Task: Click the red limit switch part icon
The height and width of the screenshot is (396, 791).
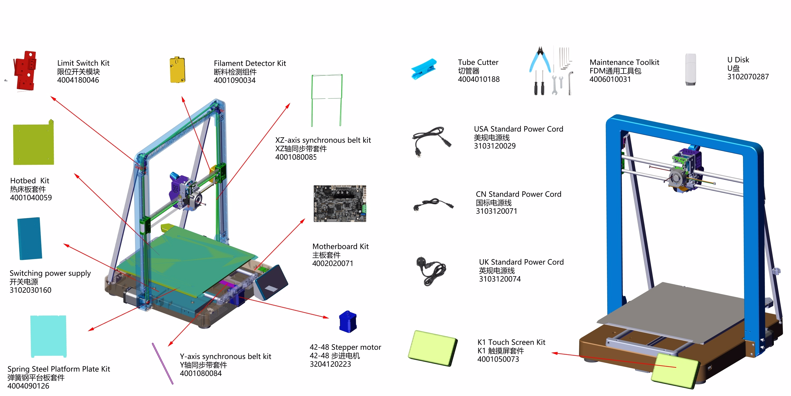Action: [x=25, y=71]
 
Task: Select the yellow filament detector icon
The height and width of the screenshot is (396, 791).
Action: [x=177, y=70]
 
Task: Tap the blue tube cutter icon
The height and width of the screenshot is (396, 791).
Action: [x=423, y=69]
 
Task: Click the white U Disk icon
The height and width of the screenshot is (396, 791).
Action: [x=690, y=69]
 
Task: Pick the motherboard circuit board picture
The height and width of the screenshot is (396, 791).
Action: [x=340, y=204]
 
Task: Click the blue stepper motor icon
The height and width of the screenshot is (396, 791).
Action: [x=348, y=322]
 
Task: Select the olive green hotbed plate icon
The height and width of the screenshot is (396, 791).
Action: [x=33, y=144]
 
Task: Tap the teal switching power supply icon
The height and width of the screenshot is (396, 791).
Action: [x=30, y=239]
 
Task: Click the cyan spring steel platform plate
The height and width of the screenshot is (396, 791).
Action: [x=49, y=336]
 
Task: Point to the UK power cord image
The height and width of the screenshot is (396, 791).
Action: [x=430, y=271]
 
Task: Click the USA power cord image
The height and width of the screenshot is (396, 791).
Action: [x=431, y=141]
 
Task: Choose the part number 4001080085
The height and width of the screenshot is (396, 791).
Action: [x=296, y=157]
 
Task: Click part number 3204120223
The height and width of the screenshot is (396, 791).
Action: [x=330, y=364]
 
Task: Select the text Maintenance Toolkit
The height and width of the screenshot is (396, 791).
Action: [x=624, y=62]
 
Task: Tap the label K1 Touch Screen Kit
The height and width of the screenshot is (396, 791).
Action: [x=511, y=342]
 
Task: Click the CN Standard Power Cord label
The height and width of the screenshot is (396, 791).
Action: [x=518, y=194]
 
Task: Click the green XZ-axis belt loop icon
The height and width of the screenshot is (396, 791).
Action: [x=326, y=100]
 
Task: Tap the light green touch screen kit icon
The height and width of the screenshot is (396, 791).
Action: [x=432, y=348]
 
